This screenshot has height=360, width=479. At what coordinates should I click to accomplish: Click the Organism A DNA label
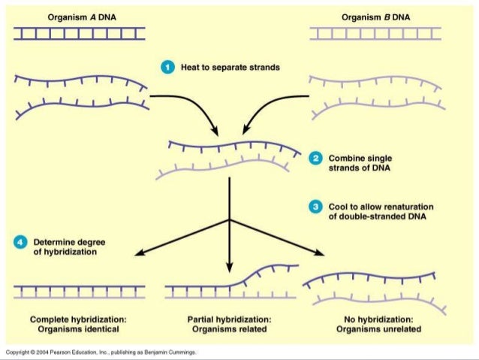tap(81, 16)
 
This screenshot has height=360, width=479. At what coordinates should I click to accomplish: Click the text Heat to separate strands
tap(230, 68)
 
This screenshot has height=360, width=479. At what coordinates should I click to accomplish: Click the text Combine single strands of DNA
tap(360, 164)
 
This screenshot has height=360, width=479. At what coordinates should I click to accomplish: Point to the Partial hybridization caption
tap(229, 324)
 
